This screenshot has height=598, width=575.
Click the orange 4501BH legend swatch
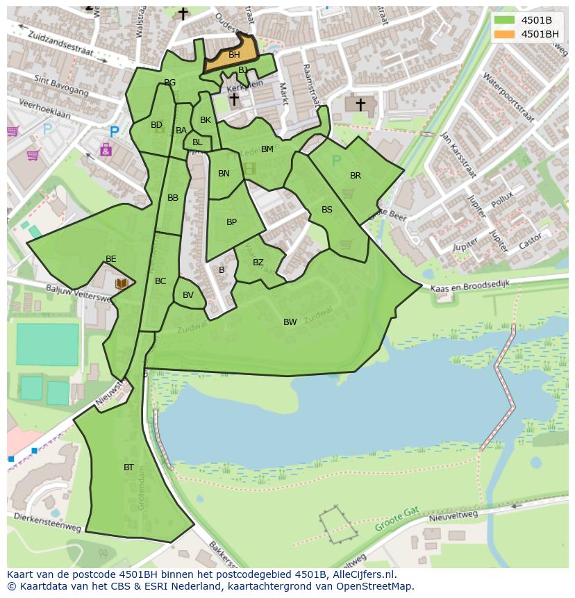[x=504, y=34]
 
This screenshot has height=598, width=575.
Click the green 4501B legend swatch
[x=504, y=20]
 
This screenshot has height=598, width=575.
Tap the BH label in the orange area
[x=234, y=55]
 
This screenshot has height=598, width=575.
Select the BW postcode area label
[x=290, y=322]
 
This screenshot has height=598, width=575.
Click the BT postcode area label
[x=128, y=467]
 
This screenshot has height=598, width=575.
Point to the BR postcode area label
[x=356, y=176]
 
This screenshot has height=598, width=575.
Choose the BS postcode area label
[x=326, y=210]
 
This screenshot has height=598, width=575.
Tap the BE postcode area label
[x=110, y=259]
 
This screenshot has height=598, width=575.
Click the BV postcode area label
[x=188, y=295]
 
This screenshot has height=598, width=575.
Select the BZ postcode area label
[x=258, y=263]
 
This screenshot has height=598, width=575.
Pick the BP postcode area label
[x=231, y=222]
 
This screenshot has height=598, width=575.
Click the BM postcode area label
[x=267, y=149]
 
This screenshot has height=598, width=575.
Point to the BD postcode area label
[x=156, y=125]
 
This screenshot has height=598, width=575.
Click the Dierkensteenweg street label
[x=47, y=523]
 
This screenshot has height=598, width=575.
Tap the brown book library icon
[x=122, y=283]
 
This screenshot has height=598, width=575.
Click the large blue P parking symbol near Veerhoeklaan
[x=114, y=131]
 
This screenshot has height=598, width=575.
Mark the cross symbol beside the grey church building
[x=360, y=104]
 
